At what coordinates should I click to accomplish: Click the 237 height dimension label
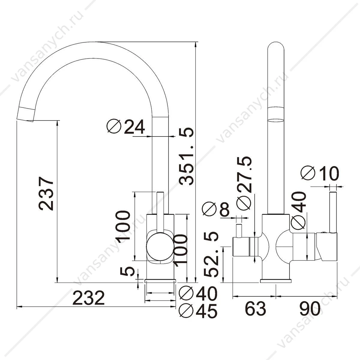(x=46, y=193)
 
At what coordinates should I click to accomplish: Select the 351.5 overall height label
(x=186, y=156)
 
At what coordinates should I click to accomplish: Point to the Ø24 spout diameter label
(x=126, y=127)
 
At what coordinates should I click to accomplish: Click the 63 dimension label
(x=255, y=313)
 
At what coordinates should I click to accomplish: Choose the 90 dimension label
(x=310, y=313)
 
